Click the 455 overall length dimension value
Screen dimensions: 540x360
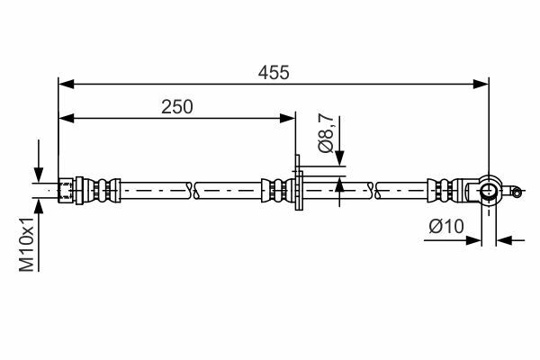pos(274,73)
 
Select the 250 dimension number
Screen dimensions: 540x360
pos(177,107)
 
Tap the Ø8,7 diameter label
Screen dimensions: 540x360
pos(326,133)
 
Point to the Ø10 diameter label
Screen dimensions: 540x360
pos(446,227)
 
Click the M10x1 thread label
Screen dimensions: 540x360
pos(27,245)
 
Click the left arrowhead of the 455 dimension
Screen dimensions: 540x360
pos(67,84)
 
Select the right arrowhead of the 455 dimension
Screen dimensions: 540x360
pos(481,84)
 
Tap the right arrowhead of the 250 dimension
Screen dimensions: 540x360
pos(287,119)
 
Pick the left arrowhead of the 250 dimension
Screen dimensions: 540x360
pos(67,119)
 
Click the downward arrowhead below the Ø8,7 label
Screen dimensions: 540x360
pos(339,158)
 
